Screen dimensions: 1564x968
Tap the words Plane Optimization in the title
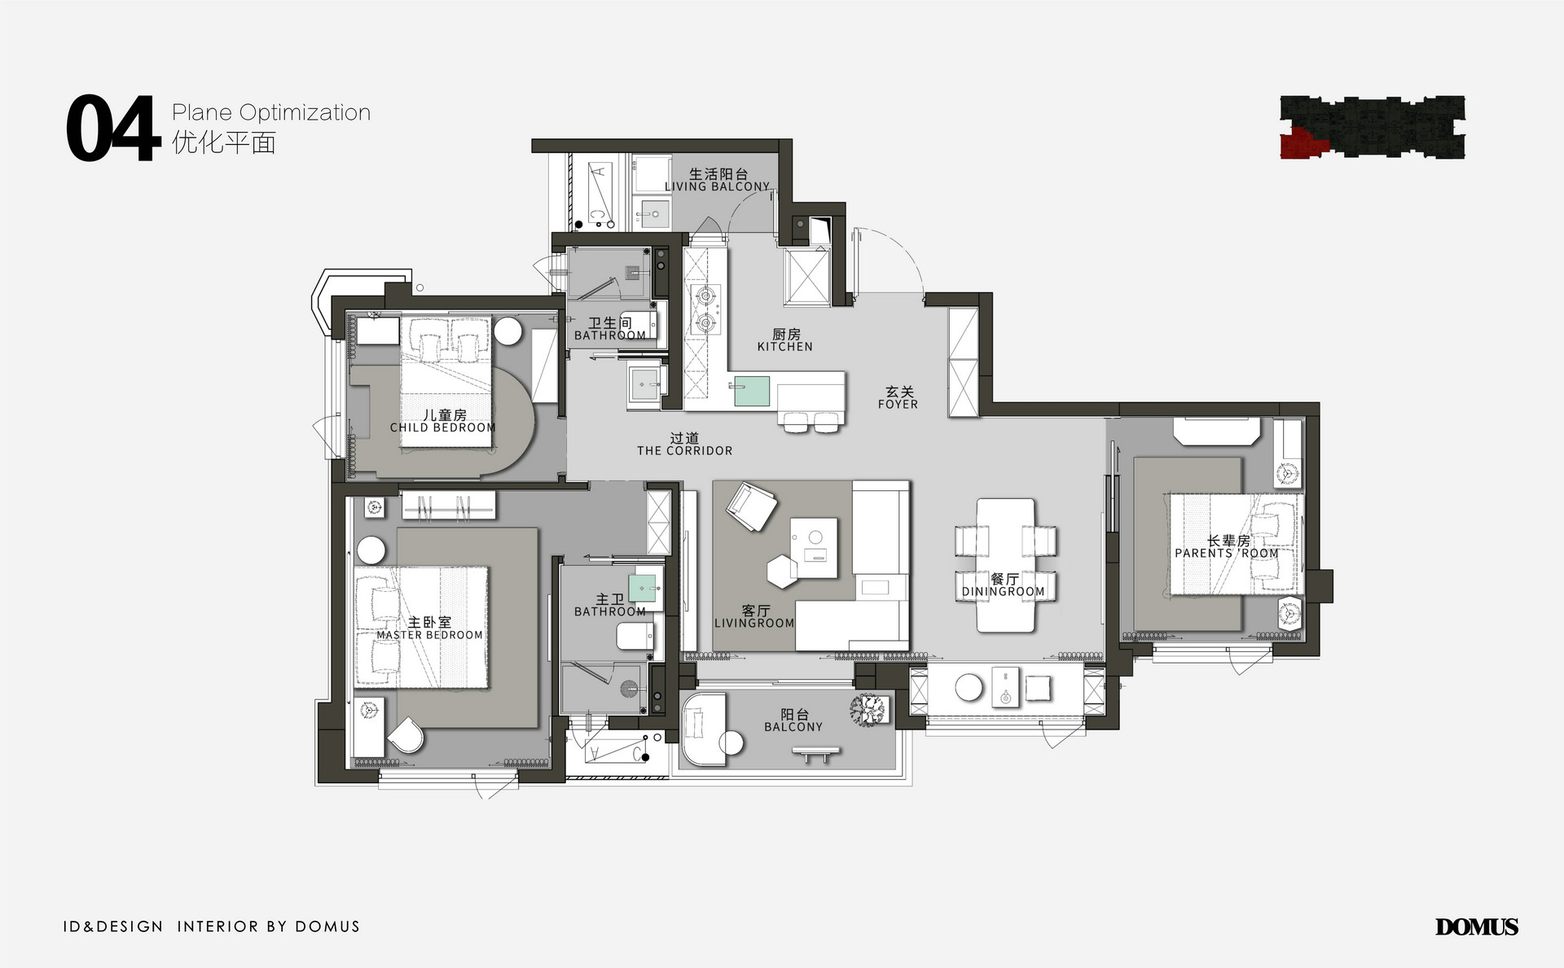(271, 112)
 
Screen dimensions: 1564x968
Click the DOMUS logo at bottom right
(1477, 926)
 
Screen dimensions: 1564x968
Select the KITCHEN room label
(785, 347)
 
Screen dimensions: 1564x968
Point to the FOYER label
(898, 404)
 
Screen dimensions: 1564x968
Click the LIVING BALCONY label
(717, 186)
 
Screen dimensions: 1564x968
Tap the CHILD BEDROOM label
(442, 427)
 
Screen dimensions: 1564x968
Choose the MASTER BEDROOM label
(429, 635)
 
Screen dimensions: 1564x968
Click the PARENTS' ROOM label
(1227, 553)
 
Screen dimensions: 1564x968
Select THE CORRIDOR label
(685, 450)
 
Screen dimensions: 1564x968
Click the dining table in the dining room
(1006, 565)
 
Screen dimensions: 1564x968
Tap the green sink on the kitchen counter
(752, 391)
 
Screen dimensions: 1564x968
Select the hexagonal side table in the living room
(784, 571)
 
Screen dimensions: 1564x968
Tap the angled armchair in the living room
(751, 506)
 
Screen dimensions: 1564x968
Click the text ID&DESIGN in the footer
(113, 926)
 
